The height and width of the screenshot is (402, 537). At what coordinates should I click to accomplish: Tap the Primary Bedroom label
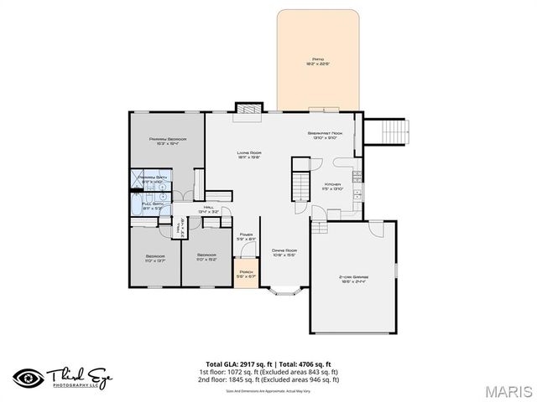pos(167,141)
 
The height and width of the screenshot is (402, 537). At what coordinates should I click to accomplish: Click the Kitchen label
pos(333,186)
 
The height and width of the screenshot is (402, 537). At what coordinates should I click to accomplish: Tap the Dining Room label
pos(284,252)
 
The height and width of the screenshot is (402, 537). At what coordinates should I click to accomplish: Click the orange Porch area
pos(246,276)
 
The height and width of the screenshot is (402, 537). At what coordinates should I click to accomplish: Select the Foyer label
pos(246,237)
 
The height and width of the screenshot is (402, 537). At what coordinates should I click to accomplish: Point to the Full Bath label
pos(152,205)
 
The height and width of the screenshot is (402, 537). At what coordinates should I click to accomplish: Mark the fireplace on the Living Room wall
pos(247,109)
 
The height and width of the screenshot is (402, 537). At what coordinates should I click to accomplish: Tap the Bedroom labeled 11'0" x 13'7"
pos(155,259)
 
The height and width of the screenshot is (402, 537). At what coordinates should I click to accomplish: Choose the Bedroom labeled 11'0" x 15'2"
pos(206,259)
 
